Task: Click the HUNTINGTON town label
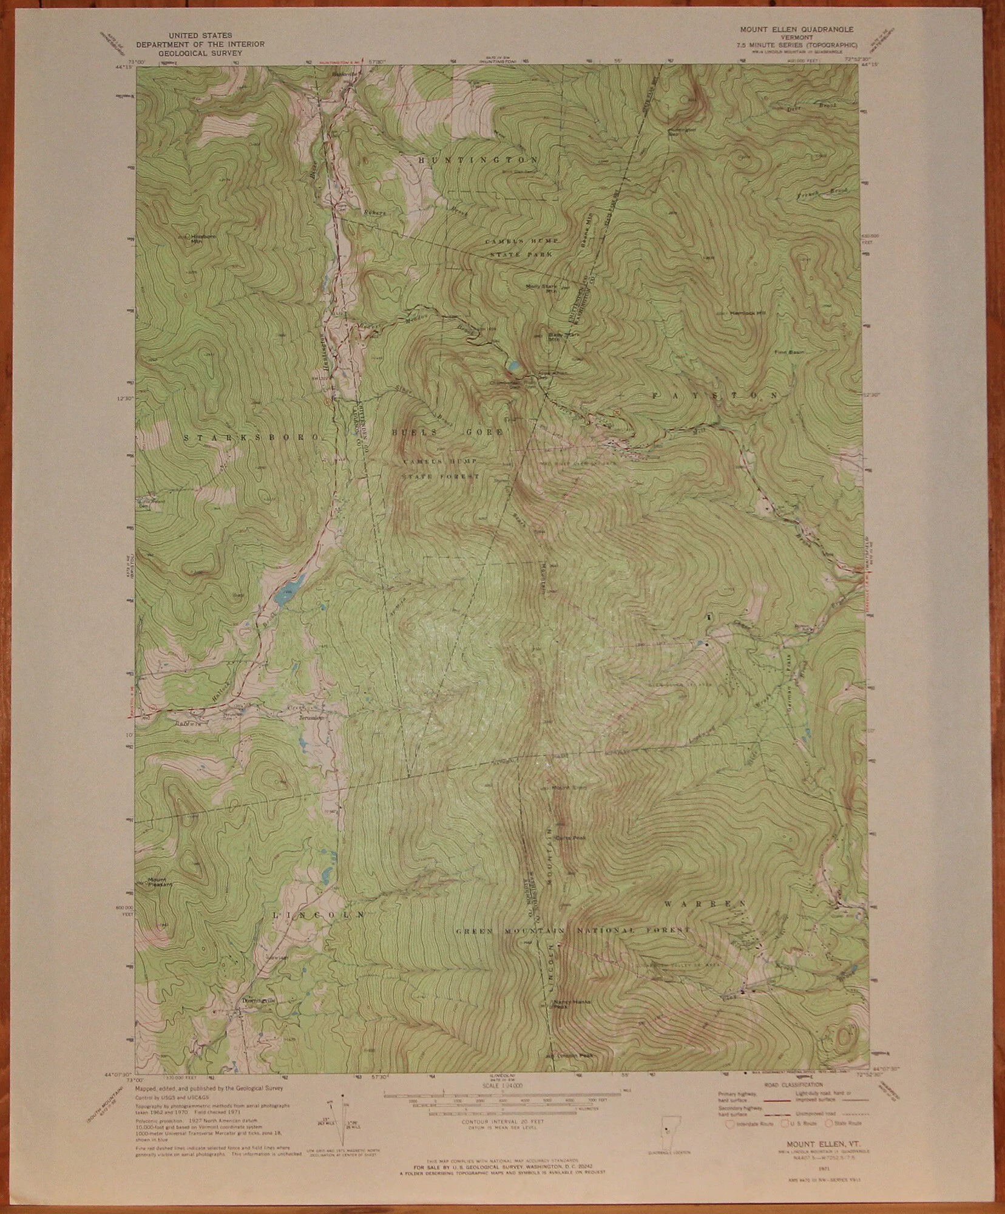click(478, 159)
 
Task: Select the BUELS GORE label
click(448, 432)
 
